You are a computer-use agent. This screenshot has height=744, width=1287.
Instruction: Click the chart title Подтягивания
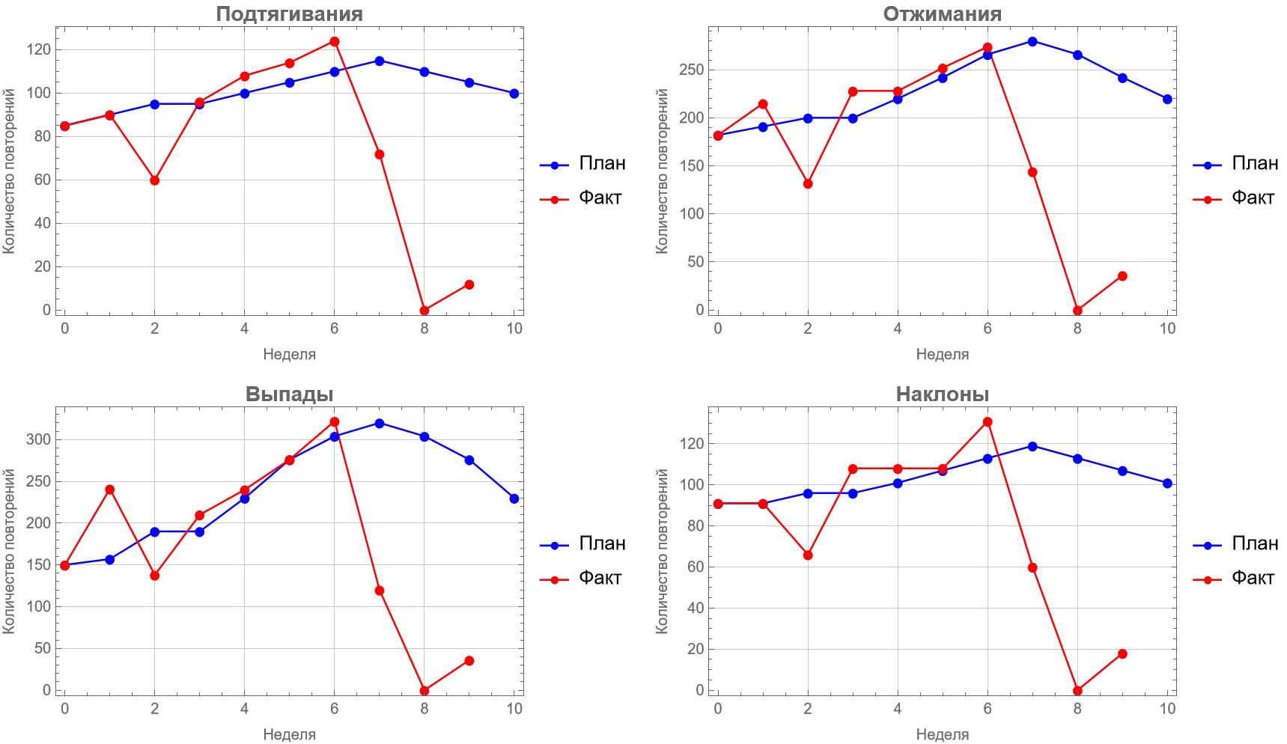(289, 13)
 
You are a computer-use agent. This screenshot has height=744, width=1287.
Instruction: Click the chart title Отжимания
(942, 13)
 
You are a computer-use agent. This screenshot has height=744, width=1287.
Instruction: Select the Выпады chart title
(289, 394)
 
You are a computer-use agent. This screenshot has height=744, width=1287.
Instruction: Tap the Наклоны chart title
(942, 394)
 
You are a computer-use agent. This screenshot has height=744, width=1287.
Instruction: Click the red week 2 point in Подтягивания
(154, 180)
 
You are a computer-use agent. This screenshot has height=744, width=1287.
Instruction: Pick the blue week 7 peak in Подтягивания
(380, 61)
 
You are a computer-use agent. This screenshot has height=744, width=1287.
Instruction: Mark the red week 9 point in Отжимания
(1122, 276)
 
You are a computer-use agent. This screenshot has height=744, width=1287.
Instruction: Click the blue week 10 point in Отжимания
(1167, 99)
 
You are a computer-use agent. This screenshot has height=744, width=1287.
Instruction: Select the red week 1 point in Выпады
(109, 490)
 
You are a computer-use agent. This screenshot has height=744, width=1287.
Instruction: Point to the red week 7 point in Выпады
(380, 591)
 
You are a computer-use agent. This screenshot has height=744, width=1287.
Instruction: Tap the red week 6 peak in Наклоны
(988, 422)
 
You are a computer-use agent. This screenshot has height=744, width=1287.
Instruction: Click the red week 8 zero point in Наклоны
(1077, 691)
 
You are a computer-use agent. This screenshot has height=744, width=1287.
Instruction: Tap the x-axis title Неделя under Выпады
(289, 734)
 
